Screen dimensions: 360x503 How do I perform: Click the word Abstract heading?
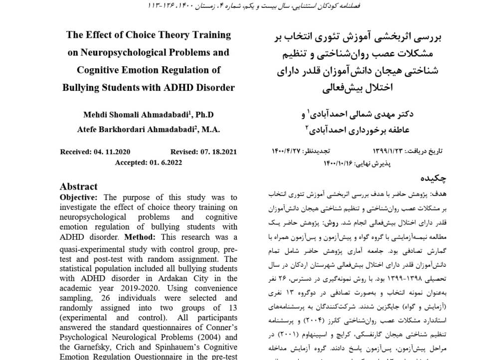[79, 186]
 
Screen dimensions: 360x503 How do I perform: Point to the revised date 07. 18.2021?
[217, 152]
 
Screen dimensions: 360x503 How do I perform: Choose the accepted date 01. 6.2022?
[163, 162]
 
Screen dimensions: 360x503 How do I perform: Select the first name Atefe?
[89, 129]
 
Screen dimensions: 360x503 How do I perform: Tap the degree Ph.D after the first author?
[204, 114]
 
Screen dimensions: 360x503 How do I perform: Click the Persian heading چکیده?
[433, 178]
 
